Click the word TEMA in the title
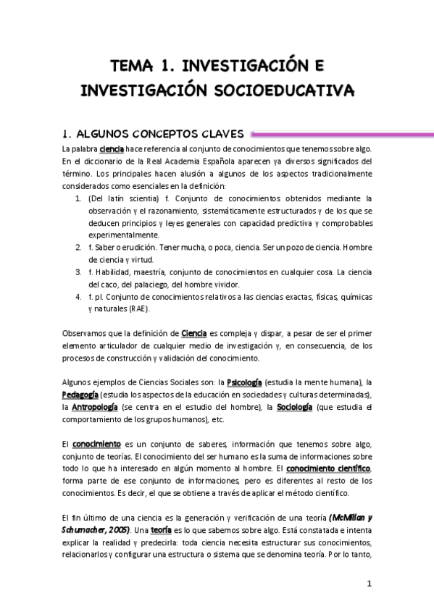click(x=132, y=67)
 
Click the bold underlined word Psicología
click(x=245, y=382)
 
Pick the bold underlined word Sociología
click(x=294, y=408)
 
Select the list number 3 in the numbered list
click(x=78, y=272)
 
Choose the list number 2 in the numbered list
click(x=78, y=247)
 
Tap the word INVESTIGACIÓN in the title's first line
click(x=244, y=67)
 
